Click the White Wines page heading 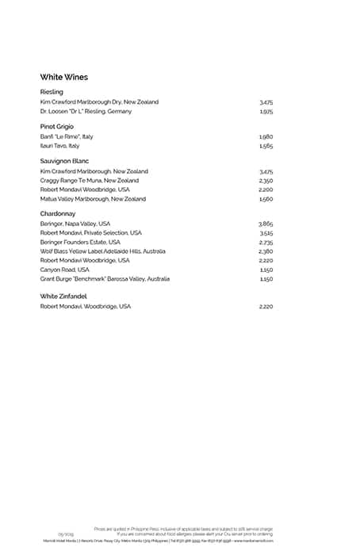pyautogui.click(x=63, y=77)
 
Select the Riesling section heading pyautogui.click(x=52, y=92)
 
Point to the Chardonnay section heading pyautogui.click(x=57, y=213)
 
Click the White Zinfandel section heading pyautogui.click(x=63, y=296)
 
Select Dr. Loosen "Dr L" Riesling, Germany pyautogui.click(x=86, y=111)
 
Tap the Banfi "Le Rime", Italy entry pyautogui.click(x=67, y=136)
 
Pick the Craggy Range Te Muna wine pyautogui.click(x=89, y=181)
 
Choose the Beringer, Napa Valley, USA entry pyautogui.click(x=75, y=224)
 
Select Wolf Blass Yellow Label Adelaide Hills pyautogui.click(x=102, y=251)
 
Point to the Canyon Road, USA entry pyautogui.click(x=64, y=270)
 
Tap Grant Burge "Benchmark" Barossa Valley pyautogui.click(x=104, y=279)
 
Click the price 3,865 pyautogui.click(x=266, y=224)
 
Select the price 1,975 pyautogui.click(x=266, y=111)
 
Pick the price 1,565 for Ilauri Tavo pyautogui.click(x=266, y=146)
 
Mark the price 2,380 pyautogui.click(x=266, y=251)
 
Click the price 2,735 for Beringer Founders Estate pyautogui.click(x=266, y=242)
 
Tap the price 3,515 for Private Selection pyautogui.click(x=266, y=233)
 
